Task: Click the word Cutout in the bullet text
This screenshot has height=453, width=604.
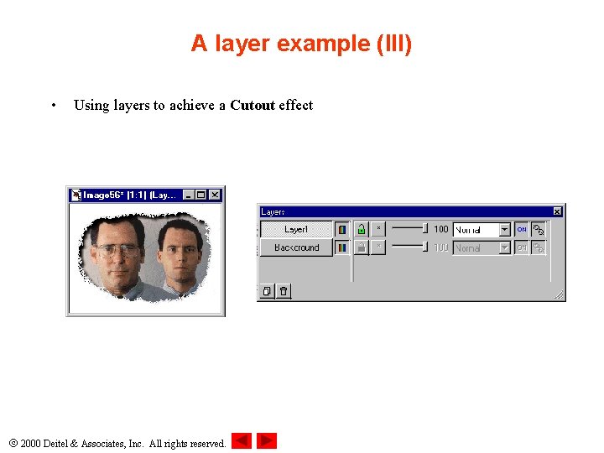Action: (x=252, y=106)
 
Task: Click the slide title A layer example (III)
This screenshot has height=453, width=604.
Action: (x=301, y=44)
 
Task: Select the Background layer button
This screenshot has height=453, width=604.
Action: (x=296, y=247)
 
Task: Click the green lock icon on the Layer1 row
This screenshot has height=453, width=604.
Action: (x=360, y=229)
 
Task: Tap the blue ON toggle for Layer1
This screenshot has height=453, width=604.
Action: (x=522, y=229)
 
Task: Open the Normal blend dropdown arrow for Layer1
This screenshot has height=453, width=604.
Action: (x=504, y=229)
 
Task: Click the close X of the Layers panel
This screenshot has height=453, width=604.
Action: (x=558, y=211)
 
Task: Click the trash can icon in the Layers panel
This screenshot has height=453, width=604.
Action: (x=284, y=291)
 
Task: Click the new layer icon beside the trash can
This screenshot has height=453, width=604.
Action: (x=267, y=291)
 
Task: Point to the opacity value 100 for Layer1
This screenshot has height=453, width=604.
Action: (x=441, y=229)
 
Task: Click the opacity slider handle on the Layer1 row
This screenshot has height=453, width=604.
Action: (x=425, y=228)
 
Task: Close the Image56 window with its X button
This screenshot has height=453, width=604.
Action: (x=215, y=195)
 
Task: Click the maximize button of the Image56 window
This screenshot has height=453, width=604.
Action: (x=201, y=195)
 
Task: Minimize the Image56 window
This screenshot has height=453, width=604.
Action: (x=188, y=195)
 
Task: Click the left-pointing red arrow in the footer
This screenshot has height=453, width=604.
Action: (x=242, y=440)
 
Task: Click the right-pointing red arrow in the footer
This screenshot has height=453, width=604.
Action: (x=267, y=440)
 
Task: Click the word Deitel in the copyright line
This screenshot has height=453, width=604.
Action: (x=60, y=443)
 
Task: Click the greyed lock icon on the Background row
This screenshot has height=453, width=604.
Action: (x=360, y=247)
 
